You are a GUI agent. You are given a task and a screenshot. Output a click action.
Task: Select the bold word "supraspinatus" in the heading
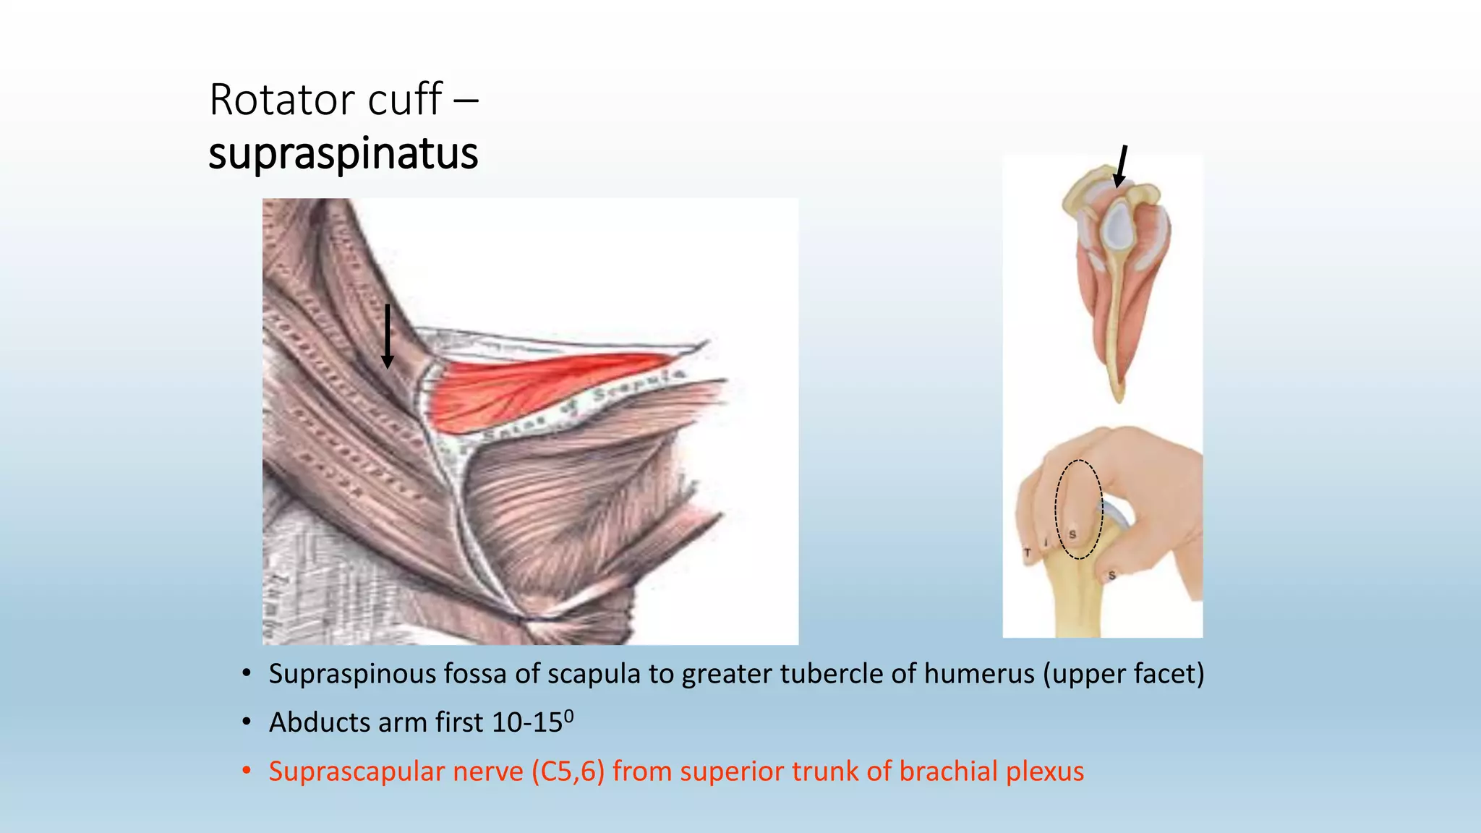point(343,153)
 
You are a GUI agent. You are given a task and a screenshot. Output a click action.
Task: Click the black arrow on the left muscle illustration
point(388,336)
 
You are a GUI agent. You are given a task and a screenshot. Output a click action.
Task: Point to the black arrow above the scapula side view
point(1121,166)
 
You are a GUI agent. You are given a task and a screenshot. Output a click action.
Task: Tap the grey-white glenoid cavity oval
point(1117,224)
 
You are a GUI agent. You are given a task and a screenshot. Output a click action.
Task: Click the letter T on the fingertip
point(1027,553)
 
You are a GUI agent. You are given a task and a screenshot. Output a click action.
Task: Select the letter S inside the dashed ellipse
point(1072,534)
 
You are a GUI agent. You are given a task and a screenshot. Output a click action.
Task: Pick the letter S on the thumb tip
point(1111,576)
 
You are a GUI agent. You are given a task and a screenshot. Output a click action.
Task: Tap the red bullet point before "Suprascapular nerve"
point(247,771)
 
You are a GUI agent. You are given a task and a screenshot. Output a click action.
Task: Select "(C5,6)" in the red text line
point(568,772)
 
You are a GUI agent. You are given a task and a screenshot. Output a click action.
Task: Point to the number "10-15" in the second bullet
point(526,722)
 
